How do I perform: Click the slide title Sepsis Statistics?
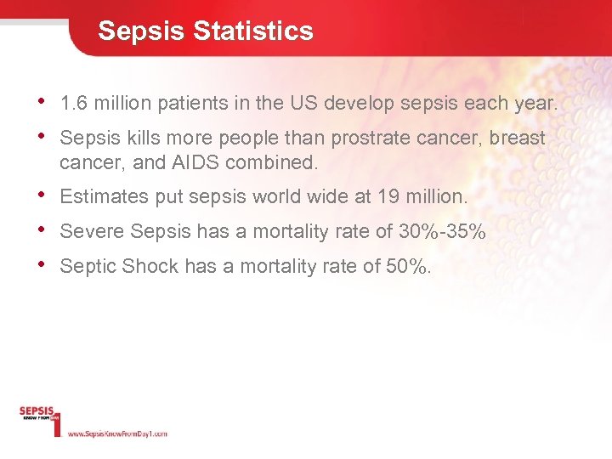(x=205, y=31)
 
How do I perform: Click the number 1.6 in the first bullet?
(x=74, y=105)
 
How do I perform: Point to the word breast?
(x=516, y=139)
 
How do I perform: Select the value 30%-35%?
(x=442, y=231)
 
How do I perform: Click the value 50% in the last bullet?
(x=406, y=266)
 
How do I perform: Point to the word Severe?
(x=88, y=231)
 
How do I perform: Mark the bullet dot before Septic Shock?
(x=43, y=263)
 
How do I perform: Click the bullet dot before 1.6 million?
(x=43, y=102)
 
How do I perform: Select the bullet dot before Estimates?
(x=43, y=195)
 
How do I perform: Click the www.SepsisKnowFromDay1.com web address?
(x=116, y=433)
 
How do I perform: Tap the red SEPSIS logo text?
(x=37, y=411)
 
